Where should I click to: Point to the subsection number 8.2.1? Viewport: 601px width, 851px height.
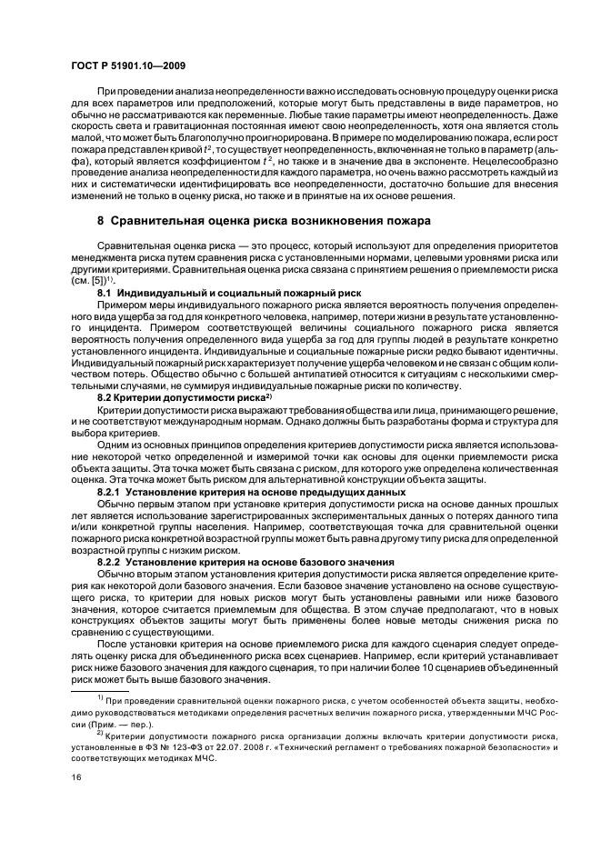(x=109, y=490)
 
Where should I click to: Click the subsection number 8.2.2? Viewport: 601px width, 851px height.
(x=109, y=563)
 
